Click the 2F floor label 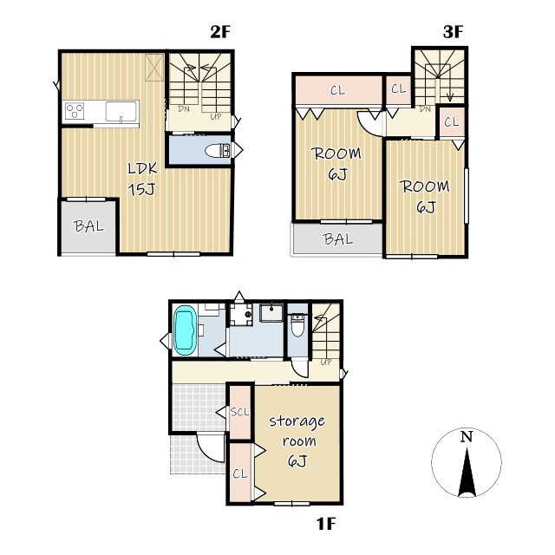tap(220, 32)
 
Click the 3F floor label tap(453, 32)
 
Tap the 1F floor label tap(326, 524)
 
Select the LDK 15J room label tap(142, 180)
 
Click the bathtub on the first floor tap(185, 330)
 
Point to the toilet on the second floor tap(218, 150)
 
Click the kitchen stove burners tap(75, 111)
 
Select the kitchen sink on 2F tap(121, 112)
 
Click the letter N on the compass tap(467, 437)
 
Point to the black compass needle tap(467, 472)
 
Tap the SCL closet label tap(239, 412)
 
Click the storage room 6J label tap(297, 441)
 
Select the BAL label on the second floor tap(88, 225)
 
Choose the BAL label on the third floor tap(338, 239)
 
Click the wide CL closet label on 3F tap(337, 90)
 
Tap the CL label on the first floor tap(240, 474)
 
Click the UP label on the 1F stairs tap(326, 362)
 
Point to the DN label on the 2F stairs tap(184, 109)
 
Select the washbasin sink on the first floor tap(271, 312)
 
